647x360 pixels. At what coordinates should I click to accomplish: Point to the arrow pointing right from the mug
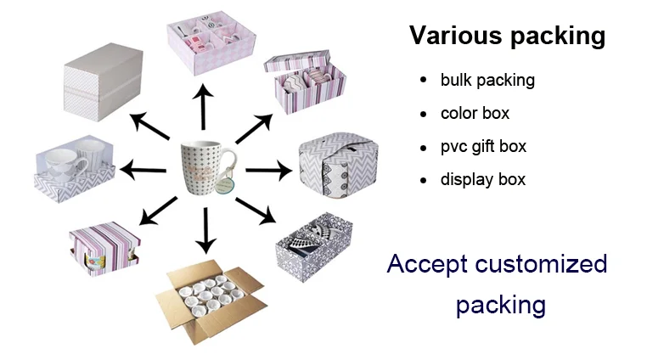coord(267,169)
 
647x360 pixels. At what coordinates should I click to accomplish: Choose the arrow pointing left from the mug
coord(144,171)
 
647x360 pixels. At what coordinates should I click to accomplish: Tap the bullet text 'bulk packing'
coord(487,81)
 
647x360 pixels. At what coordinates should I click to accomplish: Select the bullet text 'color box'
coord(475,113)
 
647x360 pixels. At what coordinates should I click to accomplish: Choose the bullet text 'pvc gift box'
coord(483,146)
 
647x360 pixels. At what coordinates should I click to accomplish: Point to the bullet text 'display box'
coord(482,179)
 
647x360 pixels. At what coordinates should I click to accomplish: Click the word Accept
coord(428,264)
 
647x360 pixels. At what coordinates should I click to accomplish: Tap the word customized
coord(543,264)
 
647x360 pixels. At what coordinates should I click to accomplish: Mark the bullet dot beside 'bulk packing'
coord(423,81)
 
